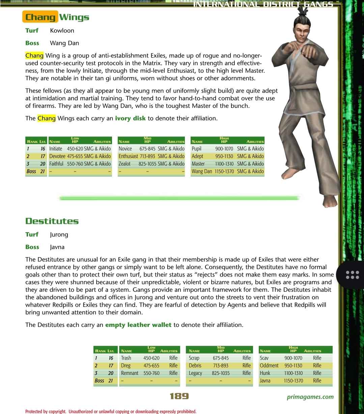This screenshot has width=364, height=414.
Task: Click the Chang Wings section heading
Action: [x=57, y=17]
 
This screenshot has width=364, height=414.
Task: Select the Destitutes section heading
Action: [x=52, y=221]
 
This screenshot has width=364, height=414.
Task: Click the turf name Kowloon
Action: [x=62, y=30]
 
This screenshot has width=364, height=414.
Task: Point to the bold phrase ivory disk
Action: [x=130, y=118]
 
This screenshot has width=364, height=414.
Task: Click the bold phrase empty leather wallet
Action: [x=138, y=325]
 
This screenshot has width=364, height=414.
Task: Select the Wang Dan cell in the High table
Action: [x=202, y=171]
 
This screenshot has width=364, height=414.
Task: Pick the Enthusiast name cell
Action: [x=128, y=156]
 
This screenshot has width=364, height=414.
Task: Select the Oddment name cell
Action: [x=269, y=365]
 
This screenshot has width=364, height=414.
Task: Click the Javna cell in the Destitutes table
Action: [x=265, y=381]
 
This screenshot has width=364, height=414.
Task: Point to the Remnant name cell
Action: [x=130, y=373]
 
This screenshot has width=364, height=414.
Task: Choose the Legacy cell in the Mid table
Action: [x=195, y=373]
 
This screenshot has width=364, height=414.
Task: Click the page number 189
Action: [x=179, y=396]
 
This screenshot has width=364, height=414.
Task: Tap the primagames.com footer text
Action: [x=310, y=397]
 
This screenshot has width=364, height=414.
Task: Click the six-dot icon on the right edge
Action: [x=353, y=275]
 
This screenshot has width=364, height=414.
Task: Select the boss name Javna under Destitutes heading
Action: [x=57, y=247]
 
